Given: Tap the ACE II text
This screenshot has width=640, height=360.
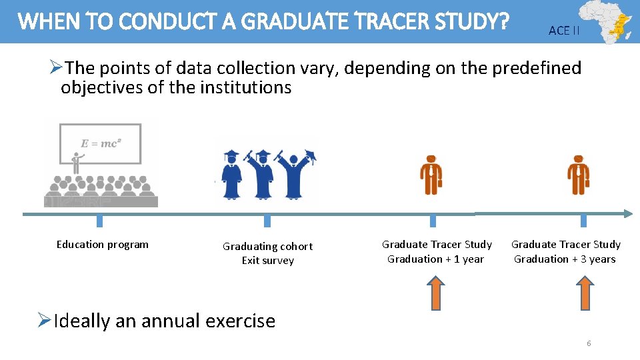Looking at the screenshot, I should (563, 31).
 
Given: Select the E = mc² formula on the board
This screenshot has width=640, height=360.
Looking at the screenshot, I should (101, 143).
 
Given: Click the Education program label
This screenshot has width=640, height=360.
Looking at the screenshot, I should (103, 245).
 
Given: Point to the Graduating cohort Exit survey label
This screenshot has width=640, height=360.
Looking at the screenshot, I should (267, 253).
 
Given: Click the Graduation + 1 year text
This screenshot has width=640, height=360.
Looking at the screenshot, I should (435, 259).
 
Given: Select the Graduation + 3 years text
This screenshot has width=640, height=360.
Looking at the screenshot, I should (565, 259).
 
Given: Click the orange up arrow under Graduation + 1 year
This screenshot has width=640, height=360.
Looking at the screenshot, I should (435, 293).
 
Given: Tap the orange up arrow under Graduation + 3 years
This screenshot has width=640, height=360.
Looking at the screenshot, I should (585, 293).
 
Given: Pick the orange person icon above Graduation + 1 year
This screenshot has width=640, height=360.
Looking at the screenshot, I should (431, 175).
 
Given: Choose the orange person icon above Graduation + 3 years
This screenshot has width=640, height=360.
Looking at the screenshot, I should (578, 175).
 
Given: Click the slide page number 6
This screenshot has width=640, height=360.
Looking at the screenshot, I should (589, 343).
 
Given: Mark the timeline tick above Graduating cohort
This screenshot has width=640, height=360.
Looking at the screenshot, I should (267, 221).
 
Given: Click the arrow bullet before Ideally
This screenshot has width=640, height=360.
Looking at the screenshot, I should (45, 321).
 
